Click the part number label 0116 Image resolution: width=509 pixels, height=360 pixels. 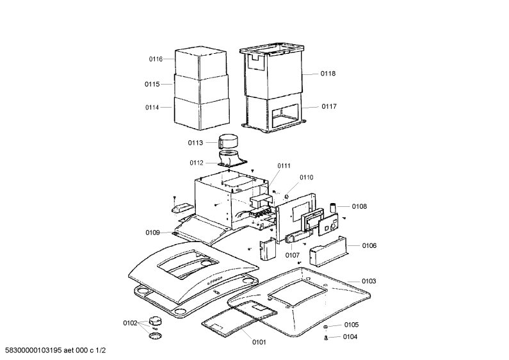(x=156, y=59)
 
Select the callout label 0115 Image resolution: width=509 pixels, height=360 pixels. (x=152, y=84)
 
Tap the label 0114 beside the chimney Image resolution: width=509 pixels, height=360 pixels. (x=152, y=107)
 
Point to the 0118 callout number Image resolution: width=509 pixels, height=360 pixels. (x=328, y=74)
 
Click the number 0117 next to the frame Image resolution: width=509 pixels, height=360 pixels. (x=329, y=106)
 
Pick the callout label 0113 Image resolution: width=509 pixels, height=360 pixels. (x=195, y=143)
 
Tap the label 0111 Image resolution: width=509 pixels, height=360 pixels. (x=284, y=166)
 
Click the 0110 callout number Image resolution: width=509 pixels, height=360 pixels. (x=306, y=177)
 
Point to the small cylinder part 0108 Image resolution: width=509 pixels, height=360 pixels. (x=333, y=208)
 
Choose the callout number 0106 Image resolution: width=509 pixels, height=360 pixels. (x=369, y=245)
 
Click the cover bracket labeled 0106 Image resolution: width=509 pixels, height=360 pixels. (x=328, y=252)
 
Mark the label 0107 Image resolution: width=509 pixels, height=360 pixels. (x=292, y=256)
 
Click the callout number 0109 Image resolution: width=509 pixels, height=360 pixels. (x=152, y=233)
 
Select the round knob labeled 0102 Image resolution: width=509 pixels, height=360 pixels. (x=155, y=322)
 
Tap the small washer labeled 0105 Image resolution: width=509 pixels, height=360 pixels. (x=326, y=326)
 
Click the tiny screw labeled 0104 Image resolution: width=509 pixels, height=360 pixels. (x=326, y=338)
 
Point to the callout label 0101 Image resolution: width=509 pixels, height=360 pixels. (x=259, y=342)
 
